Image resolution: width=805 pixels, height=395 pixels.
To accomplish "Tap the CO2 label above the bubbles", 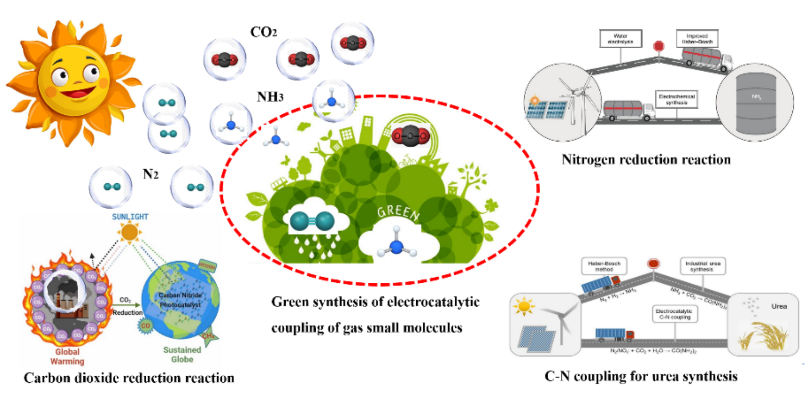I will click(263, 32).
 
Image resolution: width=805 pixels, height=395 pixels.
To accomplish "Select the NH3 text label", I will click(270, 96).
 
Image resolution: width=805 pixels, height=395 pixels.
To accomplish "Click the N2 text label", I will click(150, 174).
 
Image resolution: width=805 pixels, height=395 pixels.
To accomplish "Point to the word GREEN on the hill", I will click(398, 213).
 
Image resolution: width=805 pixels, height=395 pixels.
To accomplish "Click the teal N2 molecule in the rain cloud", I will click(312, 221).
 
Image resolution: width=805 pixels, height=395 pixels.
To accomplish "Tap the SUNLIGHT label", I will click(130, 217).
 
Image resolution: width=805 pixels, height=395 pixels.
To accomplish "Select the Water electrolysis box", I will click(620, 39).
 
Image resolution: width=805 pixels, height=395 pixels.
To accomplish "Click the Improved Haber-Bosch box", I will click(697, 39).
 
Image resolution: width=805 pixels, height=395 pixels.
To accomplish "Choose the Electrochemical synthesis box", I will click(677, 99).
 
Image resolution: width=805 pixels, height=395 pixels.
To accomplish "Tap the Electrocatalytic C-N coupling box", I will click(675, 314).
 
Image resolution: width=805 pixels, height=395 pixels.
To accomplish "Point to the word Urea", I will click(779, 306).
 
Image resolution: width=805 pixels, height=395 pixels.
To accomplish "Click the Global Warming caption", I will click(67, 356).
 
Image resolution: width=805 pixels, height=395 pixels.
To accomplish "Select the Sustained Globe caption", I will click(182, 354).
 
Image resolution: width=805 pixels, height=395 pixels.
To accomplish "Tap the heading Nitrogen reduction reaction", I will click(646, 159).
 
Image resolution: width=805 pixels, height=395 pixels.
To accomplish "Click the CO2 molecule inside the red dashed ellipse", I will click(411, 136).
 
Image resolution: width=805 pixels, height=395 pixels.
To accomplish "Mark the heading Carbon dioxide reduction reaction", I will click(129, 378).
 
